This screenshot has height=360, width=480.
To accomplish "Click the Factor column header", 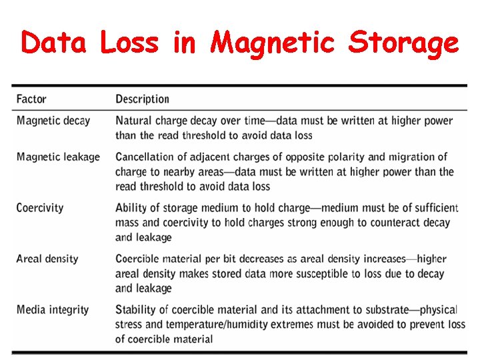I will tap(31, 99).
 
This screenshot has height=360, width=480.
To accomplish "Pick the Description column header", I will tap(142, 99).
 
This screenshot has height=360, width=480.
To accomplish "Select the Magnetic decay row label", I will tap(53, 121).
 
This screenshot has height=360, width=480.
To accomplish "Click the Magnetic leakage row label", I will tap(58, 157).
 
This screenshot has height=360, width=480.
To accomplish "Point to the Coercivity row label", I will tap(40, 208).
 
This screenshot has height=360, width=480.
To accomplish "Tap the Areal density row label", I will tap(47, 259).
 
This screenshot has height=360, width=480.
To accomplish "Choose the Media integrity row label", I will tap(53, 309).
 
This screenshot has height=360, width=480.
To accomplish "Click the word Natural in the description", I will tap(133, 121).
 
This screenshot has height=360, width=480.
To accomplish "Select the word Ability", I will tap(131, 208).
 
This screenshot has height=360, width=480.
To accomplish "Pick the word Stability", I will tap(135, 309).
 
